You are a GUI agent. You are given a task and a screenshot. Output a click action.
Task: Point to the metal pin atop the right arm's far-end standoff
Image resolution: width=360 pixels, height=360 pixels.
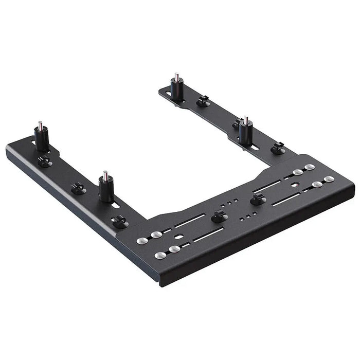coord(176,77)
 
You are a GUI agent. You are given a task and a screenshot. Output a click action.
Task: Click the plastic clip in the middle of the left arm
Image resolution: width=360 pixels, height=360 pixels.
coord(78,188)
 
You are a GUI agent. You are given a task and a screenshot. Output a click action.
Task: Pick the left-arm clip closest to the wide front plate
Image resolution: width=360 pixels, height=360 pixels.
coord(119,222)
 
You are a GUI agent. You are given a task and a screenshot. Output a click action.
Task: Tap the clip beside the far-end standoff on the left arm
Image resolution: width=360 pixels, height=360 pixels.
coord(45,161)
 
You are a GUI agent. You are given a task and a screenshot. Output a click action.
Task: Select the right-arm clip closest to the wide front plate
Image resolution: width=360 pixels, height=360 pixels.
coord(278,148)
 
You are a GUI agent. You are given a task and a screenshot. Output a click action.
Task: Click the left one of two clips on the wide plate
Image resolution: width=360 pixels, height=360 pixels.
coord(219,217)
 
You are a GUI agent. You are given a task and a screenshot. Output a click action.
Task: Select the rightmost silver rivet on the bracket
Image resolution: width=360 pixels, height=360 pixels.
coord(329,179)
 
